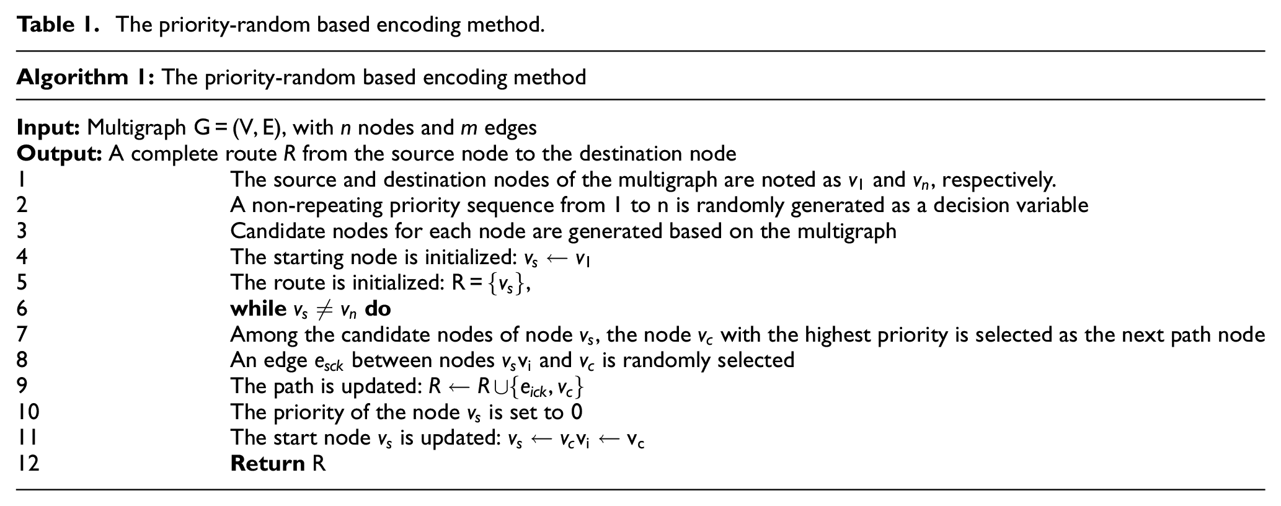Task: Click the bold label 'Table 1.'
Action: [x=58, y=25]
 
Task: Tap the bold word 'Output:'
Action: [x=59, y=154]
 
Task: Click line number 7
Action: [x=22, y=335]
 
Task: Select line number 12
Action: [x=28, y=464]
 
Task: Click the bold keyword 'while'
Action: [x=258, y=308]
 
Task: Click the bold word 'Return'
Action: [x=267, y=464]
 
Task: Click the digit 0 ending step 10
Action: [x=576, y=412]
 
